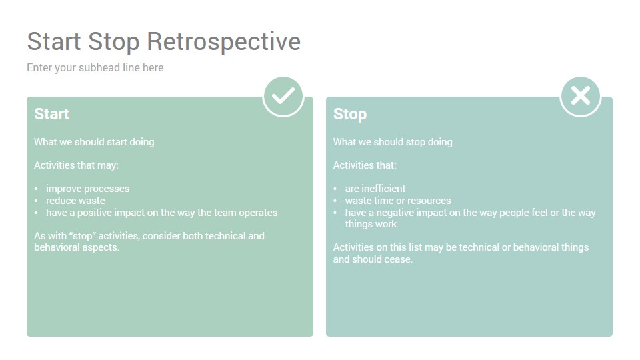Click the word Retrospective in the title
(224, 41)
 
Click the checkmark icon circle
(283, 96)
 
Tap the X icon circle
(581, 96)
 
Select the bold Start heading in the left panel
(52, 114)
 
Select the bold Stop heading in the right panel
(350, 114)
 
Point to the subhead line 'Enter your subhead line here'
(95, 68)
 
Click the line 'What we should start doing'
(94, 142)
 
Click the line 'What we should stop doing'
(393, 142)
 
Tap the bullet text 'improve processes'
(88, 189)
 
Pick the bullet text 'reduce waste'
(75, 201)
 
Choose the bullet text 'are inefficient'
(375, 189)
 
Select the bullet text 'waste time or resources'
(398, 201)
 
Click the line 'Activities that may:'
(76, 165)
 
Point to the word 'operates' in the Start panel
(258, 213)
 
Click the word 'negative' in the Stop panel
(395, 213)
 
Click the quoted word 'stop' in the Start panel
(83, 236)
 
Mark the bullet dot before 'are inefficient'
(335, 189)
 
